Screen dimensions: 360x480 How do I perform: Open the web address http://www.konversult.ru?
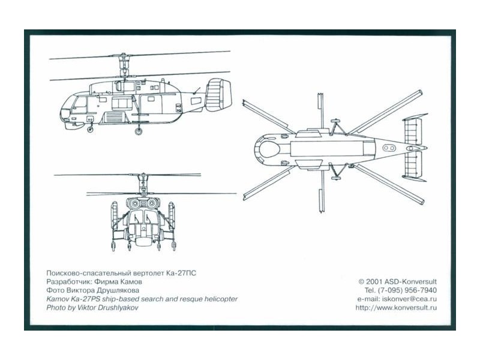pyautogui.click(x=396, y=308)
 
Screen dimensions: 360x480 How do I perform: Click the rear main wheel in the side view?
pyautogui.click(x=139, y=131)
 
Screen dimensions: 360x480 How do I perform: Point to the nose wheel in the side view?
pyautogui.click(x=90, y=128)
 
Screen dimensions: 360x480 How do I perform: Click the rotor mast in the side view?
pyautogui.click(x=125, y=69)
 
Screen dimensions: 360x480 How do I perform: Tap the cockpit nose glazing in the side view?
pyautogui.click(x=73, y=109)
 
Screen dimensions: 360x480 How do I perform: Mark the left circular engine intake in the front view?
pyautogui.click(x=134, y=204)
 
